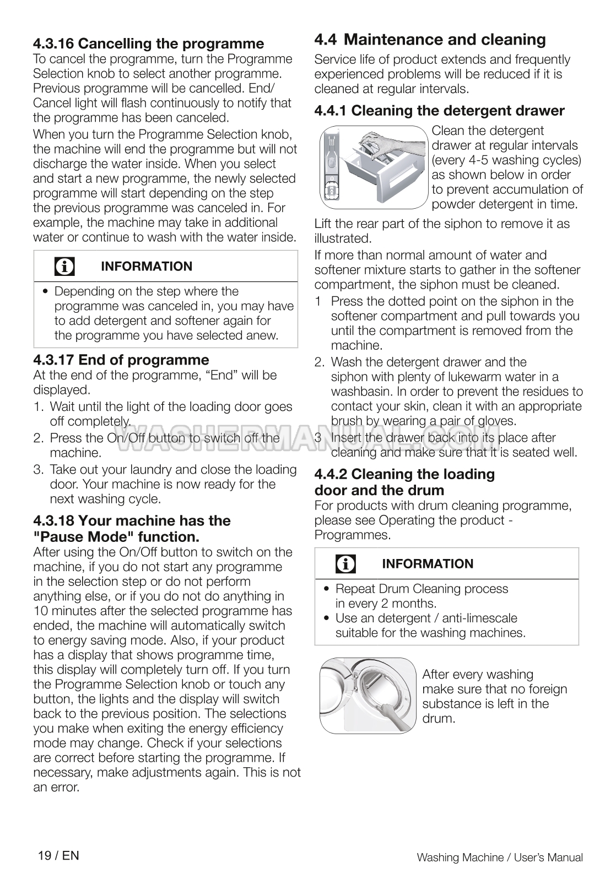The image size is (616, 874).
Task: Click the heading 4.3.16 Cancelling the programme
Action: (x=148, y=44)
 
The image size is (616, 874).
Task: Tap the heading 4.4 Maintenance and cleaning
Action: (x=430, y=40)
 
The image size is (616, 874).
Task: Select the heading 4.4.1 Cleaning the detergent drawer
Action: (x=439, y=111)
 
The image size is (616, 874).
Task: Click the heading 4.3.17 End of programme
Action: (x=121, y=360)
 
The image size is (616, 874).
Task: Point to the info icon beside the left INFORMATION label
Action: (x=64, y=267)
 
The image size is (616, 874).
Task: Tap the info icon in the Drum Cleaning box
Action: (x=345, y=564)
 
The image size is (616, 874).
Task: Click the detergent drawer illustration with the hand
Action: (x=373, y=167)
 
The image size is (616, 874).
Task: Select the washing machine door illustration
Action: (x=368, y=695)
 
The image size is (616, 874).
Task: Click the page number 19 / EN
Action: (x=58, y=855)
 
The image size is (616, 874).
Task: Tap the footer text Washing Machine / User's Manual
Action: (x=499, y=857)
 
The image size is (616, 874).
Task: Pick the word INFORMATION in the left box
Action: (x=147, y=267)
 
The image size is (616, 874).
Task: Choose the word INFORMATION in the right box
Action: (x=427, y=564)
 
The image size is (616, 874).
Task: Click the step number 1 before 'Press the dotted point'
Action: (x=318, y=301)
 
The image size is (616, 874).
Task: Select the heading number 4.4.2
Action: (x=331, y=474)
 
